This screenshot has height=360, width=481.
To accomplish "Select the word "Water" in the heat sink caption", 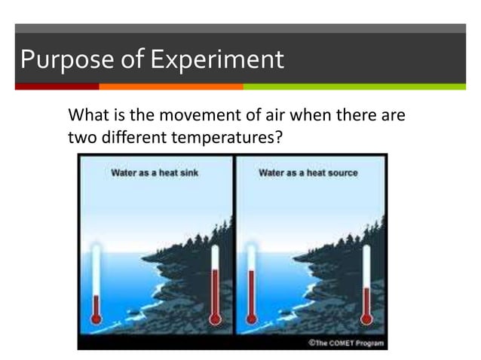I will point(124,172).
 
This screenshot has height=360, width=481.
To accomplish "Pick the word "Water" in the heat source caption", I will point(271,172).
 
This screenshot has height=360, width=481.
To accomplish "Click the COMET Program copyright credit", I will point(345,343).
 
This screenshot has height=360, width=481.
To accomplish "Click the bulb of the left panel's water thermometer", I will point(96,319).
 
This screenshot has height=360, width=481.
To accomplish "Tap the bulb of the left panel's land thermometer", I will point(215,319).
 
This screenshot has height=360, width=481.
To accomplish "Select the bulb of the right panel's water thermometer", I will point(251,319).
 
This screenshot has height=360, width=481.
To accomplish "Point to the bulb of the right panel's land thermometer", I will point(367,319).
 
